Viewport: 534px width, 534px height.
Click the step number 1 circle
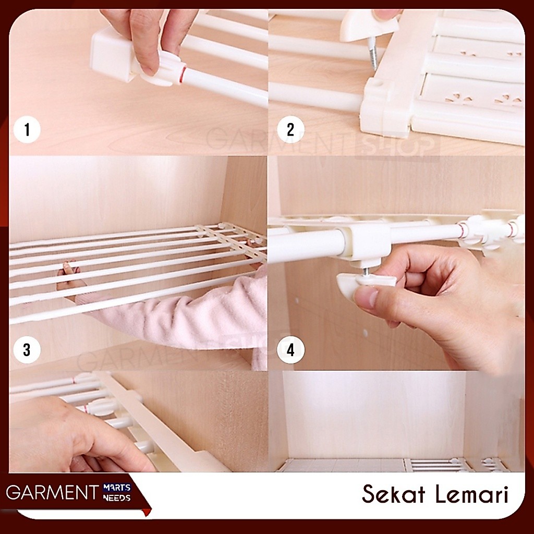(27, 130)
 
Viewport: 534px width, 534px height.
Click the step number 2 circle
(290, 130)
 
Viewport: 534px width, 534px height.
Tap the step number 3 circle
(27, 350)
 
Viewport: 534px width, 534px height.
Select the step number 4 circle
(290, 350)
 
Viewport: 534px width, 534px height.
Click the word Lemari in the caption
(472, 494)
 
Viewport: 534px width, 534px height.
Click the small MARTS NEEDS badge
(117, 493)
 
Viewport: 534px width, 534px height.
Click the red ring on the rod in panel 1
(184, 75)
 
